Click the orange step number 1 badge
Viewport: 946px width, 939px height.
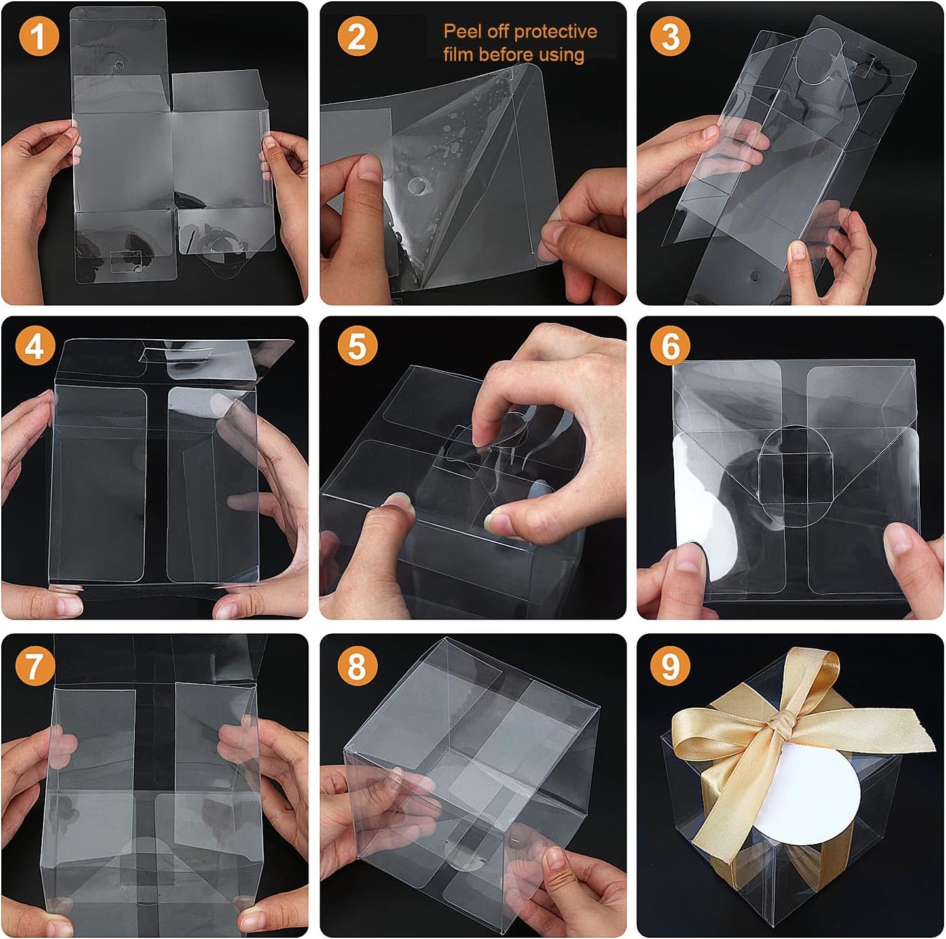39,36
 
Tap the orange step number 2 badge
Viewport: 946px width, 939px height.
357,36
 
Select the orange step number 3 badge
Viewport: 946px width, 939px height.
670,36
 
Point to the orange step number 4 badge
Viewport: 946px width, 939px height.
35,346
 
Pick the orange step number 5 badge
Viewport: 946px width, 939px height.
357,346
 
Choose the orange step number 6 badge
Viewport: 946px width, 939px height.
670,346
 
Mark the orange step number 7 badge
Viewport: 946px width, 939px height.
35,665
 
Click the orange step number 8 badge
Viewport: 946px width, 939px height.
357,665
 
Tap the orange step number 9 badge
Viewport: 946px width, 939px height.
670,665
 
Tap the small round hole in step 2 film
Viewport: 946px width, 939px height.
416,186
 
